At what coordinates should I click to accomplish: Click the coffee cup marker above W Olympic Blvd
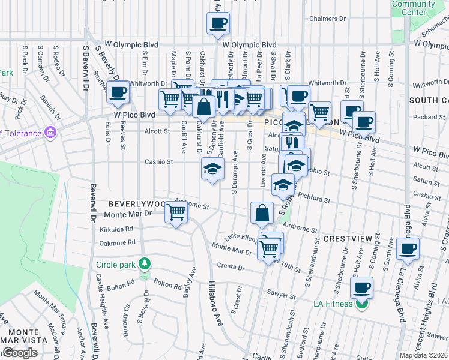click(218, 23)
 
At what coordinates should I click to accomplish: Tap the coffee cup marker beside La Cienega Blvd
click(408, 248)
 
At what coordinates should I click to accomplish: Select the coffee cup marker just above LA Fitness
click(361, 287)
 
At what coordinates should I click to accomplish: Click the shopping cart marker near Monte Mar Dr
click(176, 211)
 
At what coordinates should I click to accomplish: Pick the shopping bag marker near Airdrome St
click(262, 212)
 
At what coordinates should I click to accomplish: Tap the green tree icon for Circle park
click(144, 263)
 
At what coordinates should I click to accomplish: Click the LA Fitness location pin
click(361, 304)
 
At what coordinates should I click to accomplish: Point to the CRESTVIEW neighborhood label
click(348, 239)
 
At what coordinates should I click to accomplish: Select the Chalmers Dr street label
click(328, 19)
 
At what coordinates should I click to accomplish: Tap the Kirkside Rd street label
click(116, 229)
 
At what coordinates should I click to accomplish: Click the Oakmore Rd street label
click(117, 243)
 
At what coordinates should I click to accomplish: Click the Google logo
click(20, 353)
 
